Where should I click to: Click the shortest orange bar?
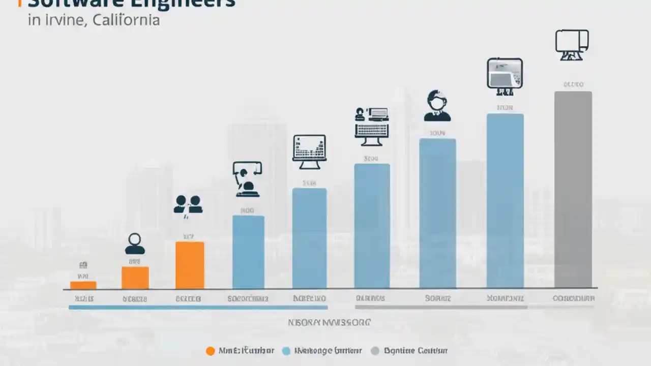pyautogui.click(x=83, y=285)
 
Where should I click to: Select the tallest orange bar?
pyautogui.click(x=190, y=265)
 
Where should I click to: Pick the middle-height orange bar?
pyautogui.click(x=135, y=278)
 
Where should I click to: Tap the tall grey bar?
pyautogui.click(x=573, y=190)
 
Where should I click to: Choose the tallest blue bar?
pyautogui.click(x=505, y=201)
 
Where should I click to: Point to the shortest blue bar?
pyautogui.click(x=248, y=252)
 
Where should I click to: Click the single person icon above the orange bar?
pyautogui.click(x=135, y=244)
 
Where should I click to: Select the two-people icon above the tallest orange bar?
pyautogui.click(x=188, y=204)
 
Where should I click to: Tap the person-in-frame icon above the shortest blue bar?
pyautogui.click(x=247, y=179)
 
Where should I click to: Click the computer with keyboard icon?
pyautogui.click(x=372, y=123)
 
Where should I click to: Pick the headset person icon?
pyautogui.click(x=437, y=106)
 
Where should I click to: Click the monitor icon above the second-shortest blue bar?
pyautogui.click(x=309, y=151)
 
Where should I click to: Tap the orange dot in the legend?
pyautogui.click(x=210, y=351)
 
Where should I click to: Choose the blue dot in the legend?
pyautogui.click(x=286, y=351)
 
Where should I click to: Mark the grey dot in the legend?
pyautogui.click(x=375, y=351)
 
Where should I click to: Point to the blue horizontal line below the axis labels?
pyautogui.click(x=198, y=308)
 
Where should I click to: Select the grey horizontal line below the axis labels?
pyautogui.click(x=441, y=308)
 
